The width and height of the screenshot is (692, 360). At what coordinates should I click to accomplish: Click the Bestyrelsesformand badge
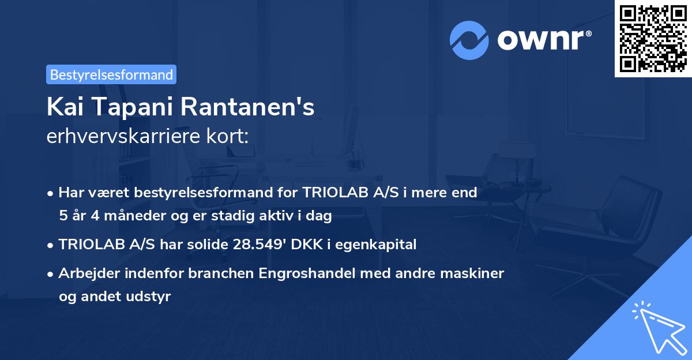coord(111,74)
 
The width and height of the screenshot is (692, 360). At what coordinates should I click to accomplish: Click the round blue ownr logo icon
coord(469,40)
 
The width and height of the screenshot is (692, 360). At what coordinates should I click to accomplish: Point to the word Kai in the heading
coord(65,107)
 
